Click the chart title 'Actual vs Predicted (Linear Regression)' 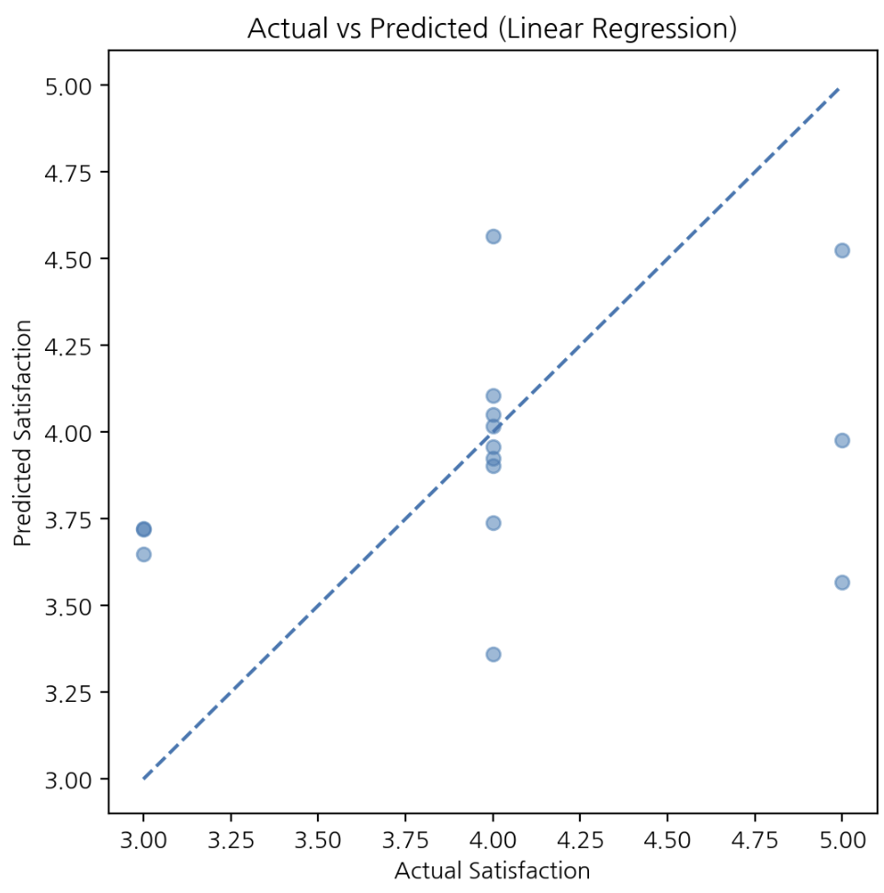point(493,28)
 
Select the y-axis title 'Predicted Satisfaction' point(22,433)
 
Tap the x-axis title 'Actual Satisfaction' point(493,871)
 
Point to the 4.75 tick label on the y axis point(68,173)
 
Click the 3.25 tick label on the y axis point(68,693)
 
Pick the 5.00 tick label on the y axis point(68,86)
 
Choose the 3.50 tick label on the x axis point(318,840)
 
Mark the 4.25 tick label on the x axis point(580,840)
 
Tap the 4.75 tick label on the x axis point(754,840)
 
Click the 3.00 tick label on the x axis point(143,840)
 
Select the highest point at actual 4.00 point(493,236)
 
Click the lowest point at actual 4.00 point(493,654)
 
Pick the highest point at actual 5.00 point(842,251)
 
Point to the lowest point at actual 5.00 point(842,582)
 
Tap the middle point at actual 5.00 point(842,440)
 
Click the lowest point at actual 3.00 point(143,554)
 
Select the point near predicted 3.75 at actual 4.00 point(493,523)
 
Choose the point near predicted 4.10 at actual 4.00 point(493,396)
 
